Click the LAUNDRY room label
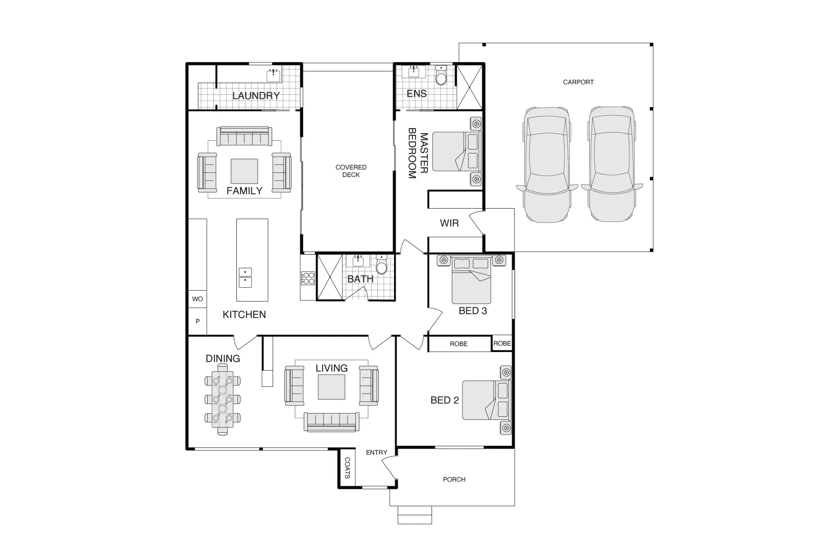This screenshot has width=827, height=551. (x=256, y=95)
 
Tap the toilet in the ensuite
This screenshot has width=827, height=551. (x=441, y=77)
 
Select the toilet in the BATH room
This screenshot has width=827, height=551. (x=382, y=266)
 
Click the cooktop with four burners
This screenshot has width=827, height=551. (x=308, y=278)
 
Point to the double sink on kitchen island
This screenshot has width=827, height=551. (x=245, y=277)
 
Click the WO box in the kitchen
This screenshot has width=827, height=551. (x=198, y=299)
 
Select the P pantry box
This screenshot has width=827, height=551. (x=198, y=321)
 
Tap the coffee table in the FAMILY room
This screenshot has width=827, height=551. (x=244, y=171)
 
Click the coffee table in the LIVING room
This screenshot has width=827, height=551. (x=331, y=387)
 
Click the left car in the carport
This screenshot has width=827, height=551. (x=547, y=164)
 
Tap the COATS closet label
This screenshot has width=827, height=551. (x=347, y=468)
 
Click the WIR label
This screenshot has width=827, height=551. (x=449, y=223)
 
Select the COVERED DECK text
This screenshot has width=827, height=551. (x=351, y=171)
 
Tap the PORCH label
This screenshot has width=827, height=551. (x=454, y=480)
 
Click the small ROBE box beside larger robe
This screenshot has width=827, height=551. (x=502, y=343)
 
